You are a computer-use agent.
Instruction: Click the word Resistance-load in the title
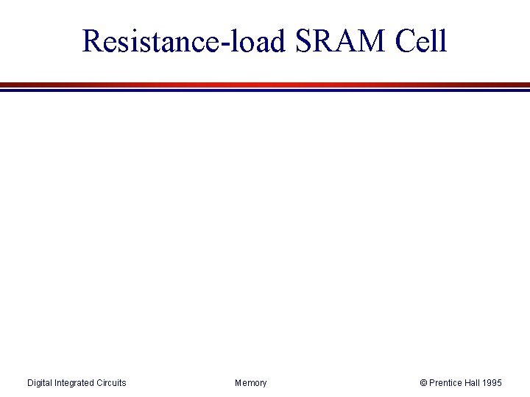pos(183,41)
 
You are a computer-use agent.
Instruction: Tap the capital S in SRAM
pos(304,41)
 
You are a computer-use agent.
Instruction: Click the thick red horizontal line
pos(265,85)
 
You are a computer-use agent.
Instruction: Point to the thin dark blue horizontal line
pos(265,90)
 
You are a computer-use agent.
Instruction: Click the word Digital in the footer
pos(40,383)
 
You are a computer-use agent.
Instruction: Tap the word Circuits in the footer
pos(111,383)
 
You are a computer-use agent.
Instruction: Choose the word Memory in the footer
pos(251,383)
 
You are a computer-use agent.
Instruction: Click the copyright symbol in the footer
pos(423,383)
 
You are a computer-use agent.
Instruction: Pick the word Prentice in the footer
pos(446,383)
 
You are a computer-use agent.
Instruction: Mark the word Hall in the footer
pos(473,383)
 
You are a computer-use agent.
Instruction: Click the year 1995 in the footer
pos(492,383)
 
